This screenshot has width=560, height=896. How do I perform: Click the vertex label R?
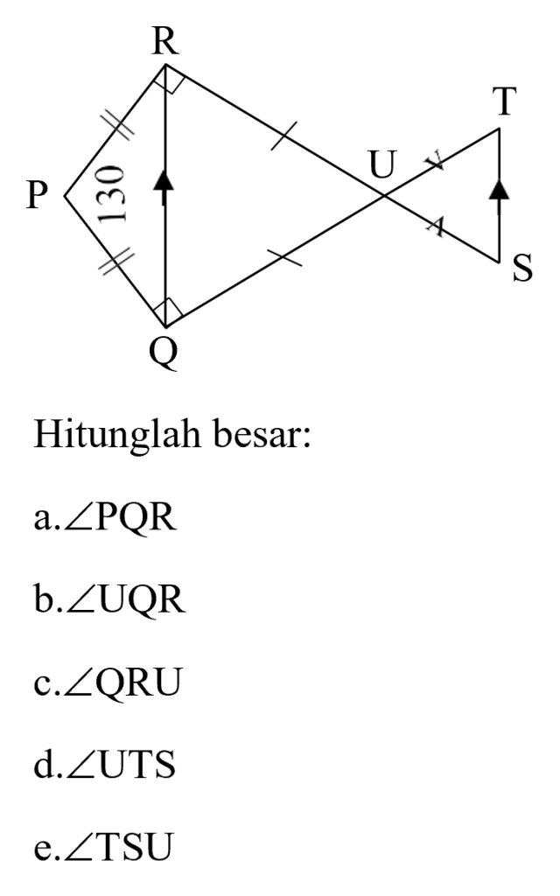click(x=165, y=42)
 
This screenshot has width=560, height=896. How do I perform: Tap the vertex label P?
click(x=37, y=195)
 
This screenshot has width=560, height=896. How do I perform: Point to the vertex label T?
click(x=506, y=101)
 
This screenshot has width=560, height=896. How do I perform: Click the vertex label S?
click(x=522, y=269)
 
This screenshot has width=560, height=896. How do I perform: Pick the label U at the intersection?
click(x=382, y=165)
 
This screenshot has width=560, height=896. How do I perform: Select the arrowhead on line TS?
click(x=500, y=189)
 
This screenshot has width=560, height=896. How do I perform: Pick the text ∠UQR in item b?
click(x=126, y=600)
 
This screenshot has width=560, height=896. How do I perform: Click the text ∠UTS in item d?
click(x=121, y=765)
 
